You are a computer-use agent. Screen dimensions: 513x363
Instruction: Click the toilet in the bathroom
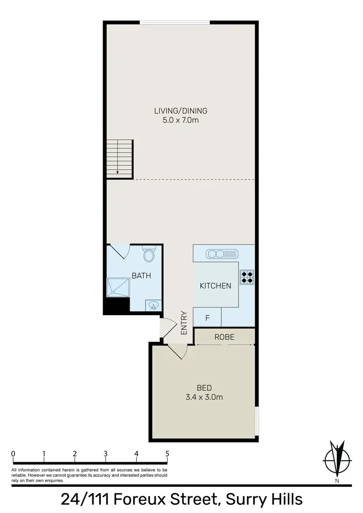[x=149, y=255]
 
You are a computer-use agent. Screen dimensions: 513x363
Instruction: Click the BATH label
[x=141, y=276]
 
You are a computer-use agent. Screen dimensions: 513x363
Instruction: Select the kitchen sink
[x=222, y=254]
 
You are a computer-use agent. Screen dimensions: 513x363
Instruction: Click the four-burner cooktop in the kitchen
[x=247, y=276]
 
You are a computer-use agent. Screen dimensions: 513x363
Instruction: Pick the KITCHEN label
[x=215, y=286]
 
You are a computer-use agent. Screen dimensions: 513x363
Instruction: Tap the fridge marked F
[x=207, y=318]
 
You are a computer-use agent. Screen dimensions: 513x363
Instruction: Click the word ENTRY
[x=184, y=322]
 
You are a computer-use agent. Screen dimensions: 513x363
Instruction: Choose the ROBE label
[x=225, y=337]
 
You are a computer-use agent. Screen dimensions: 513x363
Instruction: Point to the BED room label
[x=204, y=387]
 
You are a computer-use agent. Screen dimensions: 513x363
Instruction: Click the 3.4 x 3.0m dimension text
[x=204, y=397]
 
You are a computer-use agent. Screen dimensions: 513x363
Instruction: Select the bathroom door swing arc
[x=119, y=251]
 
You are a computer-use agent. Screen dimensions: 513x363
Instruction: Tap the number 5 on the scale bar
[x=167, y=454]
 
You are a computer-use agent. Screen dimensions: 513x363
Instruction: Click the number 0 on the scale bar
[x=13, y=454]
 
